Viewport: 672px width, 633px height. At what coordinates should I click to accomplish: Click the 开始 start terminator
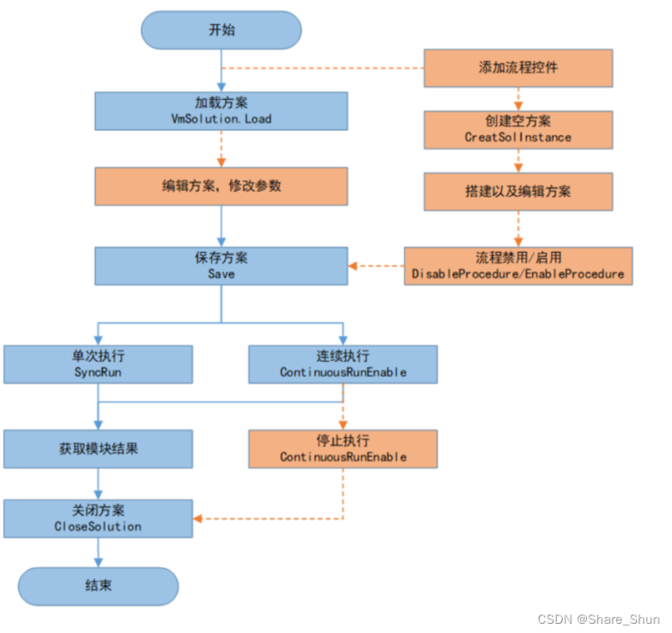pyautogui.click(x=221, y=30)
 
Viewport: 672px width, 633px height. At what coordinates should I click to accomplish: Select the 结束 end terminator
pyautogui.click(x=98, y=586)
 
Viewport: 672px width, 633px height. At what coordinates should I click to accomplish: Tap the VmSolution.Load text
pyautogui.click(x=221, y=118)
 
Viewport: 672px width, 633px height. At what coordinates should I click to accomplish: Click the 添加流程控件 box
pyautogui.click(x=518, y=68)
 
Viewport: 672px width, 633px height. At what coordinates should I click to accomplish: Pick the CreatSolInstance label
pyautogui.click(x=518, y=137)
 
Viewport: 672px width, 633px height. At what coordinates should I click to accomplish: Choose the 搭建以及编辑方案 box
pyautogui.click(x=518, y=192)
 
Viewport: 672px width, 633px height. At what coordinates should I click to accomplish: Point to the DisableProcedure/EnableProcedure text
pyautogui.click(x=518, y=274)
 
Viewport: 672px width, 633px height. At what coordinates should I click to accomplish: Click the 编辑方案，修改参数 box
pyautogui.click(x=221, y=186)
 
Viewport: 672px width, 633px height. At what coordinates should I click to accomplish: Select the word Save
pyautogui.click(x=221, y=274)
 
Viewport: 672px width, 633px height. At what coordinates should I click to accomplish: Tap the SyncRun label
pyautogui.click(x=98, y=372)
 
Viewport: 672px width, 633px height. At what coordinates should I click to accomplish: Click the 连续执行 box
pyautogui.click(x=343, y=364)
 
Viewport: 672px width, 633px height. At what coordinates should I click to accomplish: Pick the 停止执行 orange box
pyautogui.click(x=343, y=449)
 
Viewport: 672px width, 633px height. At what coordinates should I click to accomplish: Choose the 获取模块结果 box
pyautogui.click(x=98, y=449)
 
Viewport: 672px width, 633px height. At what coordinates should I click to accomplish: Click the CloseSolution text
pyautogui.click(x=98, y=526)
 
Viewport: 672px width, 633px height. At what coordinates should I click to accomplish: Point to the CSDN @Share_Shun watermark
pyautogui.click(x=599, y=620)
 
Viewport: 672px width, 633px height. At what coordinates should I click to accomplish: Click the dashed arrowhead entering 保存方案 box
pyautogui.click(x=353, y=266)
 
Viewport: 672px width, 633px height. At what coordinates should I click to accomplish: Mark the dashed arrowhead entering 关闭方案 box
pyautogui.click(x=198, y=519)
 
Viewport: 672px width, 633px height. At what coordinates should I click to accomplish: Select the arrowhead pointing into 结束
pyautogui.click(x=98, y=563)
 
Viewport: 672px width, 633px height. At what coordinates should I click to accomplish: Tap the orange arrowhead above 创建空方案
pyautogui.click(x=518, y=106)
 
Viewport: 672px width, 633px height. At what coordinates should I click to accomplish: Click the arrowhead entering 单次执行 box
pyautogui.click(x=98, y=341)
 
